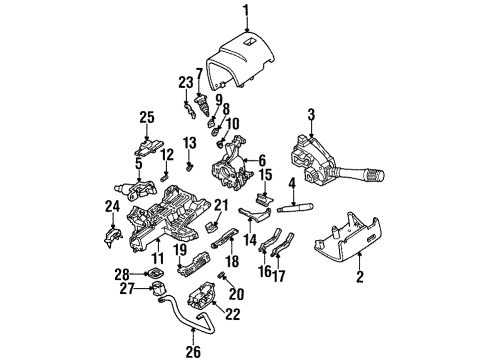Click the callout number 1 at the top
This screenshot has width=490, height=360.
(246, 11)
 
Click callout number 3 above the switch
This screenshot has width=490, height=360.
(311, 115)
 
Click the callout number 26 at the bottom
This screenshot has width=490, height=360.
(193, 352)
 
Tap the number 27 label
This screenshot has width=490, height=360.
(128, 289)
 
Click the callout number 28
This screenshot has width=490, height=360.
(123, 274)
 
